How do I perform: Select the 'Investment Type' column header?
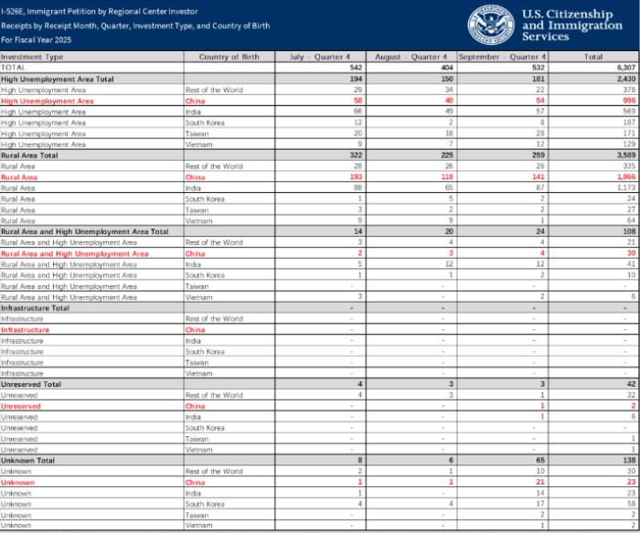(33, 57)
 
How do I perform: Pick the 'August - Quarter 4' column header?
(411, 57)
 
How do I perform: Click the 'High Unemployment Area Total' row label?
(58, 79)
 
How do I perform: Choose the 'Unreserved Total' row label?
(32, 384)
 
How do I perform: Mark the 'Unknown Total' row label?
(28, 460)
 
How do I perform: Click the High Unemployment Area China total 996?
(627, 101)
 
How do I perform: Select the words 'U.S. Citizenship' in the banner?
(567, 15)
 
